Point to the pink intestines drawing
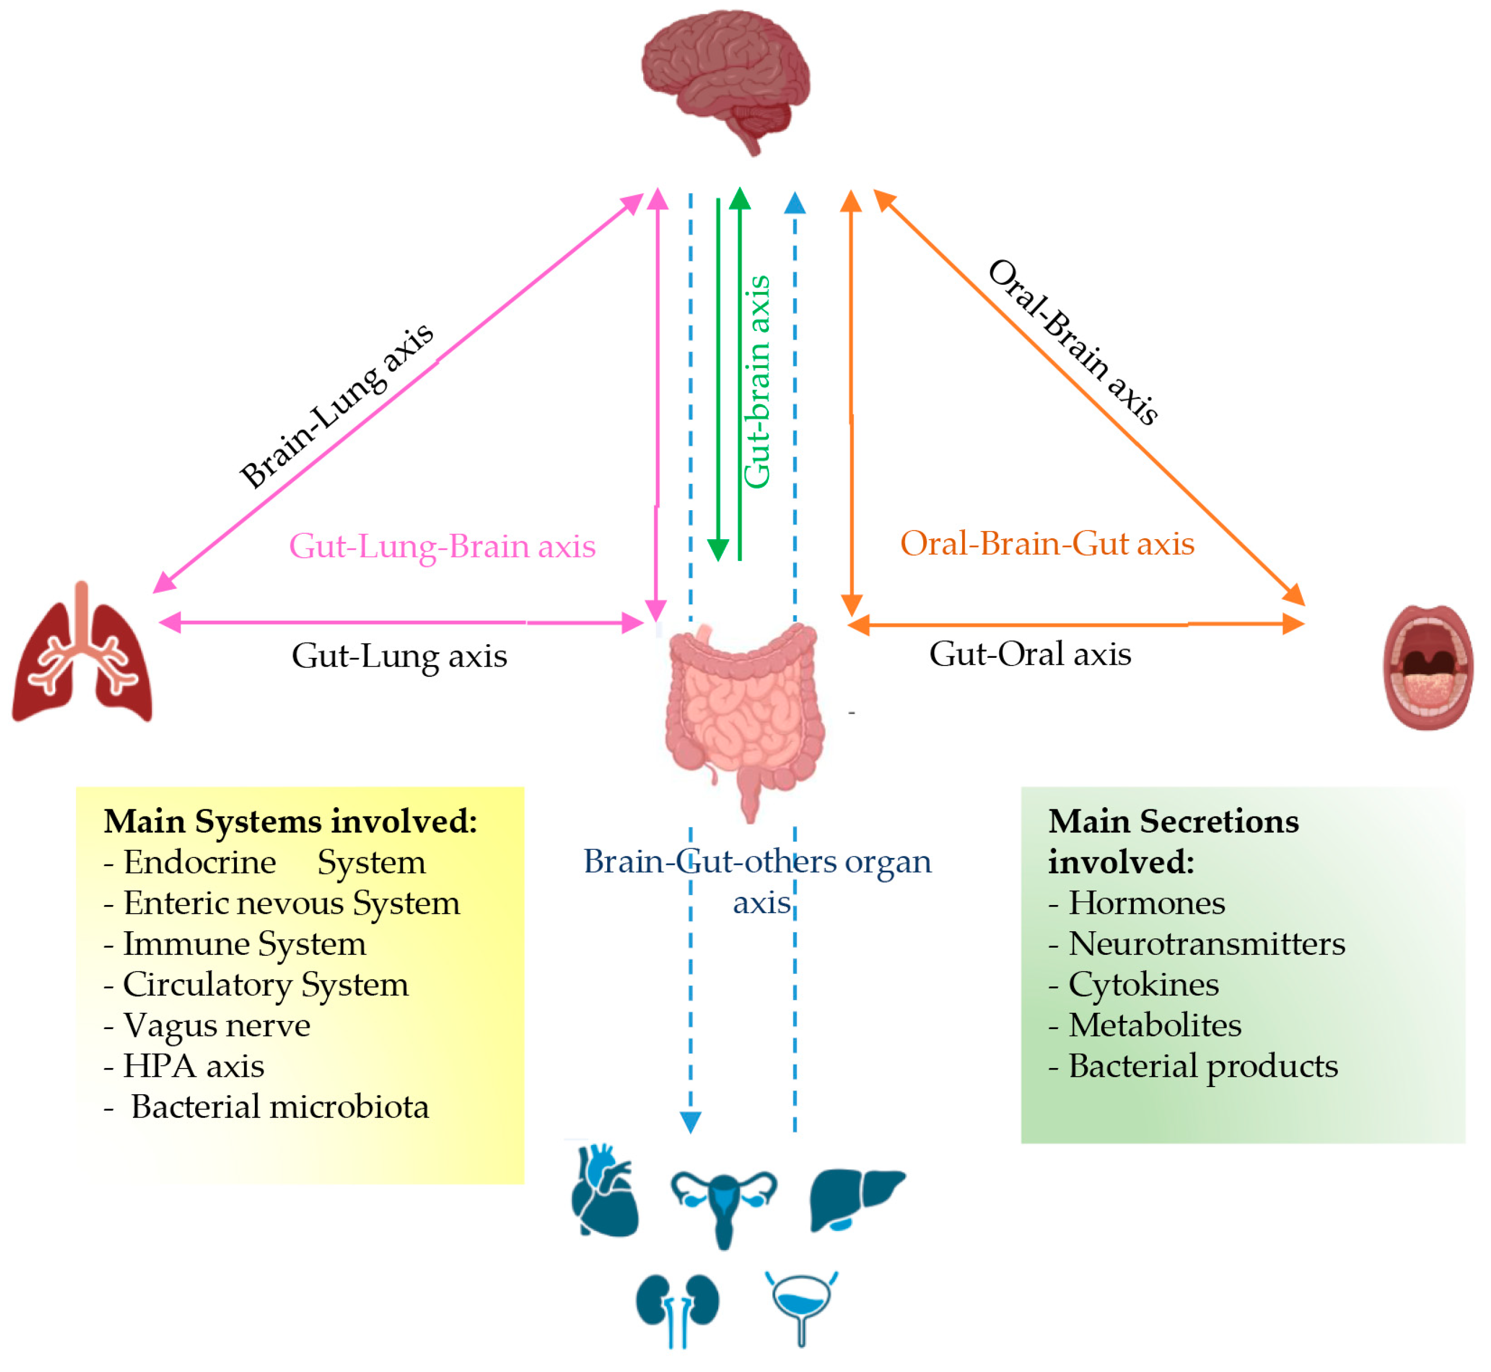click(x=744, y=720)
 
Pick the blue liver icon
click(x=856, y=1200)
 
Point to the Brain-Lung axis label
click(x=336, y=406)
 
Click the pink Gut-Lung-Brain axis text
click(x=442, y=546)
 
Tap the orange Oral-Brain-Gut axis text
click(x=1047, y=544)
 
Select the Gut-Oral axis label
click(x=1030, y=654)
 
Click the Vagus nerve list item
click(x=207, y=1025)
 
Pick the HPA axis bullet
click(x=184, y=1066)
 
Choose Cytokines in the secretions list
click(x=1134, y=985)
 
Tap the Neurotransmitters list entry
click(x=1197, y=944)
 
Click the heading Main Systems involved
click(x=290, y=821)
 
